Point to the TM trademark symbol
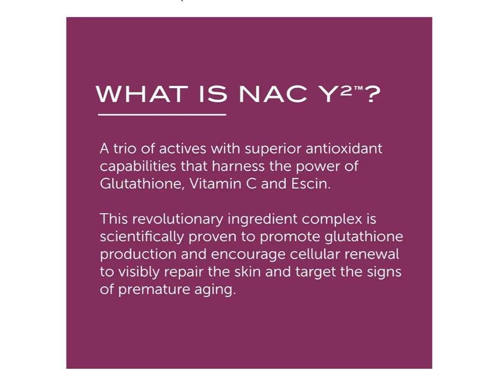pos(358,88)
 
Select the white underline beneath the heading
pos(162,114)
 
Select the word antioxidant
pos(344,149)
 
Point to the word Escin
pos(311,184)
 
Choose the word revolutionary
pos(177,219)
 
